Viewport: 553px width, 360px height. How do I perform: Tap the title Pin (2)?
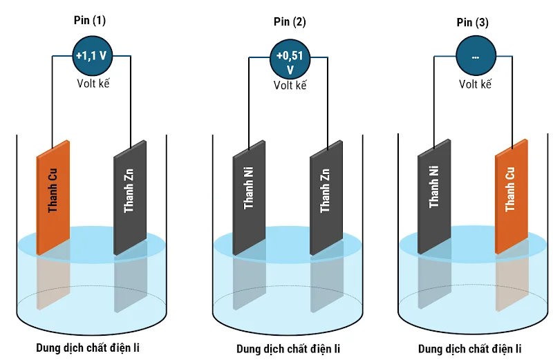[290, 21]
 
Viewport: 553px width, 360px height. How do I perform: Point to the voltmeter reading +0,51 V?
[290, 61]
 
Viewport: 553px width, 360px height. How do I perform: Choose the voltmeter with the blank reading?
[476, 57]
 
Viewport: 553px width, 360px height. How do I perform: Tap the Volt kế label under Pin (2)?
[290, 86]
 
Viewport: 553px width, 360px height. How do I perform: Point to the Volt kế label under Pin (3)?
[475, 84]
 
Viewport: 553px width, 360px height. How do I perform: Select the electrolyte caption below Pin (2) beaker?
[288, 348]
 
